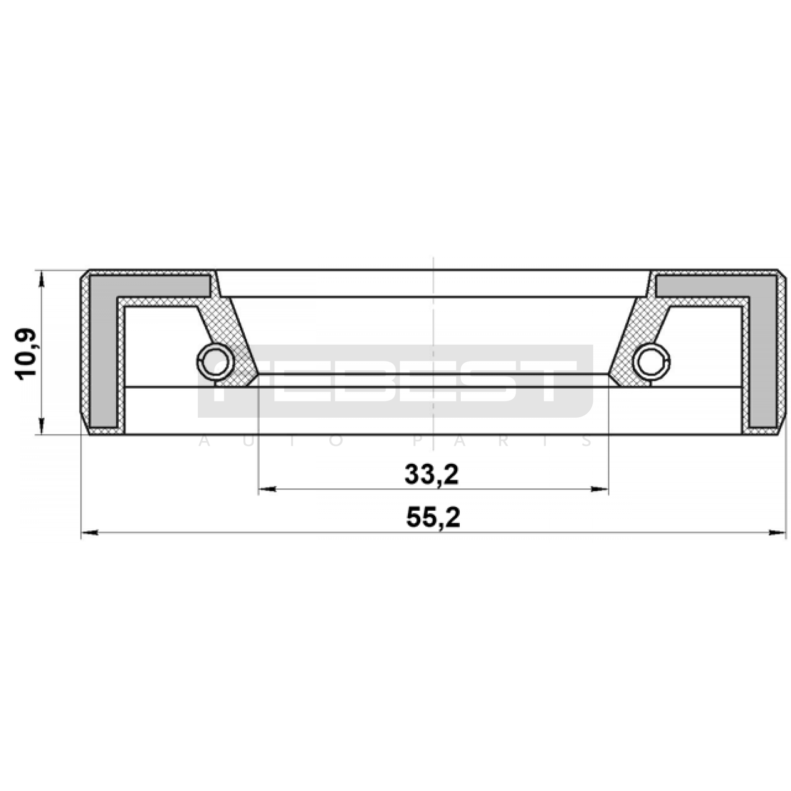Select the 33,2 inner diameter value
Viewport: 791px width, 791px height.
[432, 475]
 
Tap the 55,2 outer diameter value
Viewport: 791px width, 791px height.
[433, 518]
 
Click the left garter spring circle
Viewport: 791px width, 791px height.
[216, 361]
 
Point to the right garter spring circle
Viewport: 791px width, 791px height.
[652, 361]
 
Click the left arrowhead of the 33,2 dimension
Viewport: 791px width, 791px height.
[267, 489]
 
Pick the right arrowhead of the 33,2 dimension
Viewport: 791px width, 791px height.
[599, 489]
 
